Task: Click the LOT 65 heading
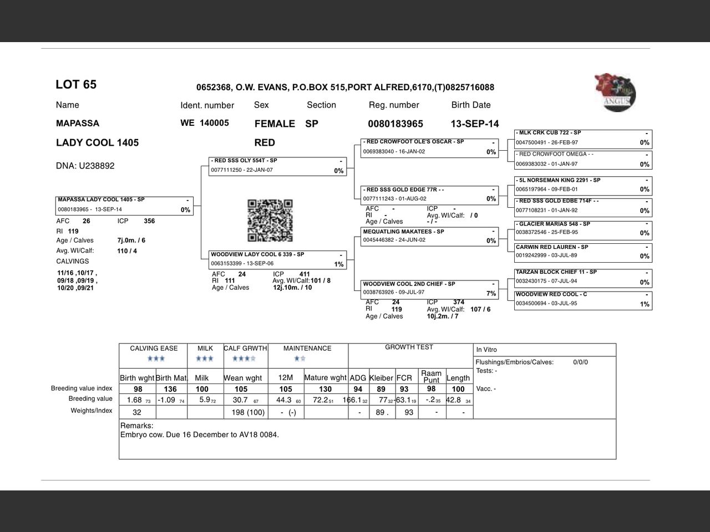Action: [76, 85]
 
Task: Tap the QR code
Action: [270, 221]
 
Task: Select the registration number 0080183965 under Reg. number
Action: [395, 124]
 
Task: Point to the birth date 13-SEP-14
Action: [474, 124]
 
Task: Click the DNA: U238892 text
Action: [85, 166]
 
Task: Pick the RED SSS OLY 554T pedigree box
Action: [277, 166]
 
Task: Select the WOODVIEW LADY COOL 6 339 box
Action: [277, 259]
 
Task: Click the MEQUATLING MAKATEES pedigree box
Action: [429, 236]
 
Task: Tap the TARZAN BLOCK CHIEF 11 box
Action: [582, 277]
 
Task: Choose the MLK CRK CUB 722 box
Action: [582, 138]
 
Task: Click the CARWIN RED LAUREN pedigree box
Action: [582, 252]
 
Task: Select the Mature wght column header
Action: [325, 378]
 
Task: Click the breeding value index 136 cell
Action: [170, 389]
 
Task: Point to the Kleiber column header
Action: [381, 378]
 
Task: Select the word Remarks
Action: [136, 426]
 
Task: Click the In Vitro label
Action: [486, 350]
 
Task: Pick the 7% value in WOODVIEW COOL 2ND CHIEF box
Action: [491, 294]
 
